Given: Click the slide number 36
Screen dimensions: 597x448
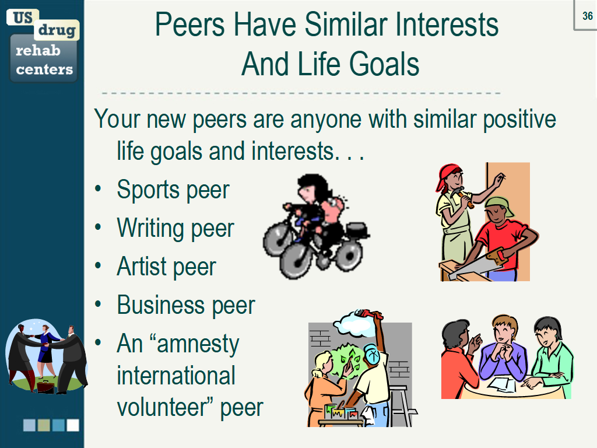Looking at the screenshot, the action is (588, 16).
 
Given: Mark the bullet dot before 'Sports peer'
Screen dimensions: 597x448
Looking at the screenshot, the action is (98, 188).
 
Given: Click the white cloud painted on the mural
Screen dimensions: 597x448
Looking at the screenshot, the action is (353, 324).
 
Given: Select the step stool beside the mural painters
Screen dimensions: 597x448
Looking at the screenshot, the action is (402, 405).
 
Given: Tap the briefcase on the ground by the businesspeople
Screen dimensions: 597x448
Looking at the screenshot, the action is (45, 386).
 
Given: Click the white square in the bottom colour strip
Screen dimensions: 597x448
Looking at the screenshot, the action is (73, 425).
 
